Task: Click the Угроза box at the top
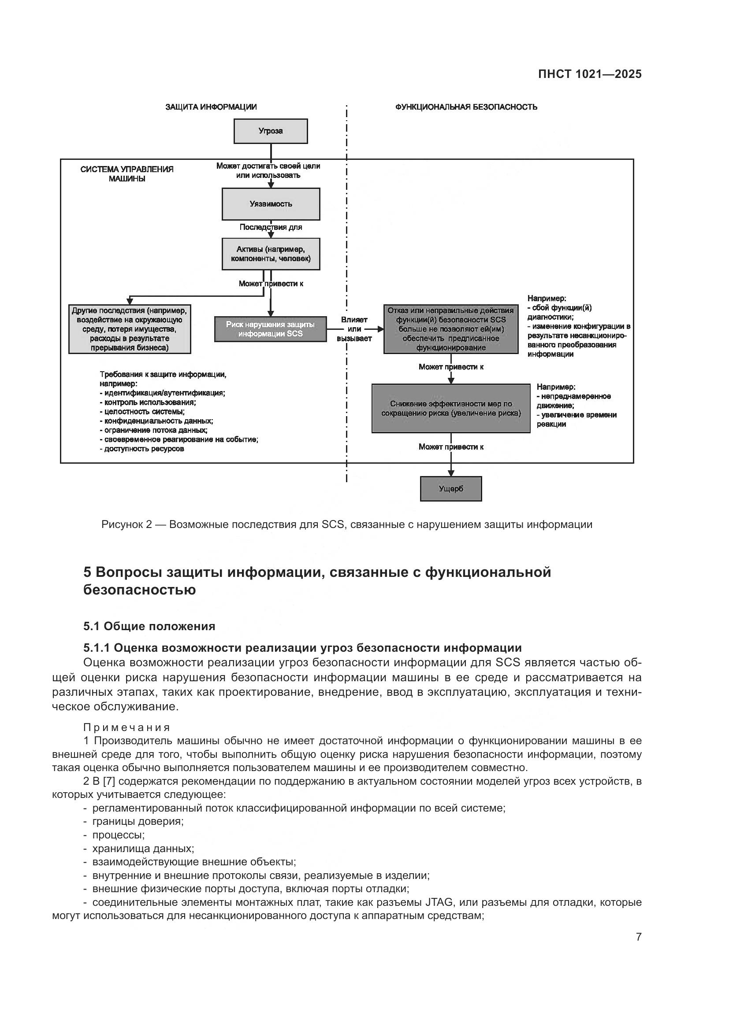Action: pos(270,131)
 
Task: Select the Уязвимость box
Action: pos(271,204)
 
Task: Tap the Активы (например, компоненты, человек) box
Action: pos(271,254)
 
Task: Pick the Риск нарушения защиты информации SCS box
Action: pos(270,329)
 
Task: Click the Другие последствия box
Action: pos(129,329)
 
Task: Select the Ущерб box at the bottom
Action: pos(451,488)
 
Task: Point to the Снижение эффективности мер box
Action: pos(451,408)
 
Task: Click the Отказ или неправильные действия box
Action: pos(451,329)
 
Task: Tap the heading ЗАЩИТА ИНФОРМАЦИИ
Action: pos(211,107)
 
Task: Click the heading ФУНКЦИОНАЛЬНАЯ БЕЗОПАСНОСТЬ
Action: pos(466,107)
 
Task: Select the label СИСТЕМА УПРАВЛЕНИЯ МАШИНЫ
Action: pos(127,174)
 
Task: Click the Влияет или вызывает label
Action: pos(354,329)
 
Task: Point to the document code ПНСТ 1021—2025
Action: pos(589,74)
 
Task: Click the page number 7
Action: pos(638,937)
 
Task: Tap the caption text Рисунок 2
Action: pos(126,524)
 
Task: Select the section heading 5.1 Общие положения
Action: pos(149,626)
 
